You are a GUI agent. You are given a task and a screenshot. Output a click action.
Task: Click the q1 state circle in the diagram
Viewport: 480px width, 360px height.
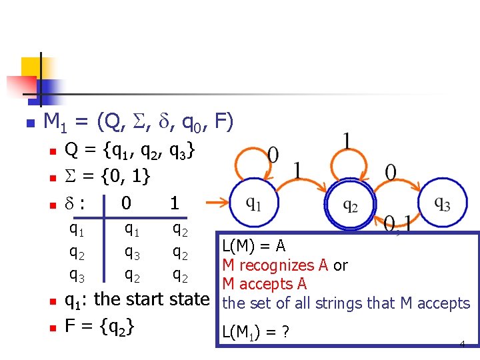click(x=253, y=204)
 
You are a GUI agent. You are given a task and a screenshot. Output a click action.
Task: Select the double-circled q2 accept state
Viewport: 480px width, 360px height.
click(x=350, y=205)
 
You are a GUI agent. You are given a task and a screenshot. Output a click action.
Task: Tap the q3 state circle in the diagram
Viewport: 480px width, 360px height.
click(x=442, y=203)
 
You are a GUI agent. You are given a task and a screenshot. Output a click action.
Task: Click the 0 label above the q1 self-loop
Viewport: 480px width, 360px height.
click(x=273, y=155)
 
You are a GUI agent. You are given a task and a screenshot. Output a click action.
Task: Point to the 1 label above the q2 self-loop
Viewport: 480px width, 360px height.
click(x=347, y=141)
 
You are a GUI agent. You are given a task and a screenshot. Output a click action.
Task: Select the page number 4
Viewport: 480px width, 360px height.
click(x=462, y=344)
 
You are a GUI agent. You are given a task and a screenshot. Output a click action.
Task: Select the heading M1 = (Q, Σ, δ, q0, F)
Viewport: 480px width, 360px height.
click(x=138, y=121)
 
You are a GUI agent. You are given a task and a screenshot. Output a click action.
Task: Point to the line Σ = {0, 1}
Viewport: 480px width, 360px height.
click(x=107, y=177)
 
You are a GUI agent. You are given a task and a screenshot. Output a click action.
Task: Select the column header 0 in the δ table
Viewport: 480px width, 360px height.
click(x=126, y=203)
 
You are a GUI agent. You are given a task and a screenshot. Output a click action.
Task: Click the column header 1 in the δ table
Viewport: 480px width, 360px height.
click(x=174, y=203)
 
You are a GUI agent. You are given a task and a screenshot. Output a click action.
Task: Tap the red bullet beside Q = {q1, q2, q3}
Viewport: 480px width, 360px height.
click(x=51, y=153)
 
